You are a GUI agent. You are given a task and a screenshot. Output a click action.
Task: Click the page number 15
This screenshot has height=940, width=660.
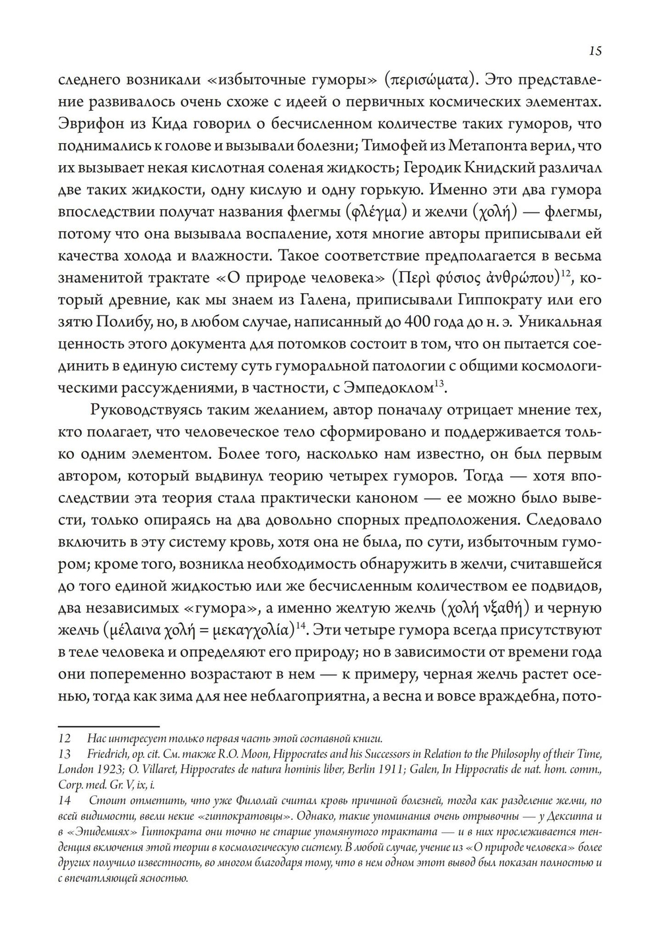pyautogui.click(x=594, y=51)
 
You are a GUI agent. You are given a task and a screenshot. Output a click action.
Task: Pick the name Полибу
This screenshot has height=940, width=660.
pyautogui.click(x=130, y=322)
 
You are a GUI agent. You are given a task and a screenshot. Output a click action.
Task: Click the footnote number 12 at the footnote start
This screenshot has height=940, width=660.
pyautogui.click(x=64, y=739)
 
